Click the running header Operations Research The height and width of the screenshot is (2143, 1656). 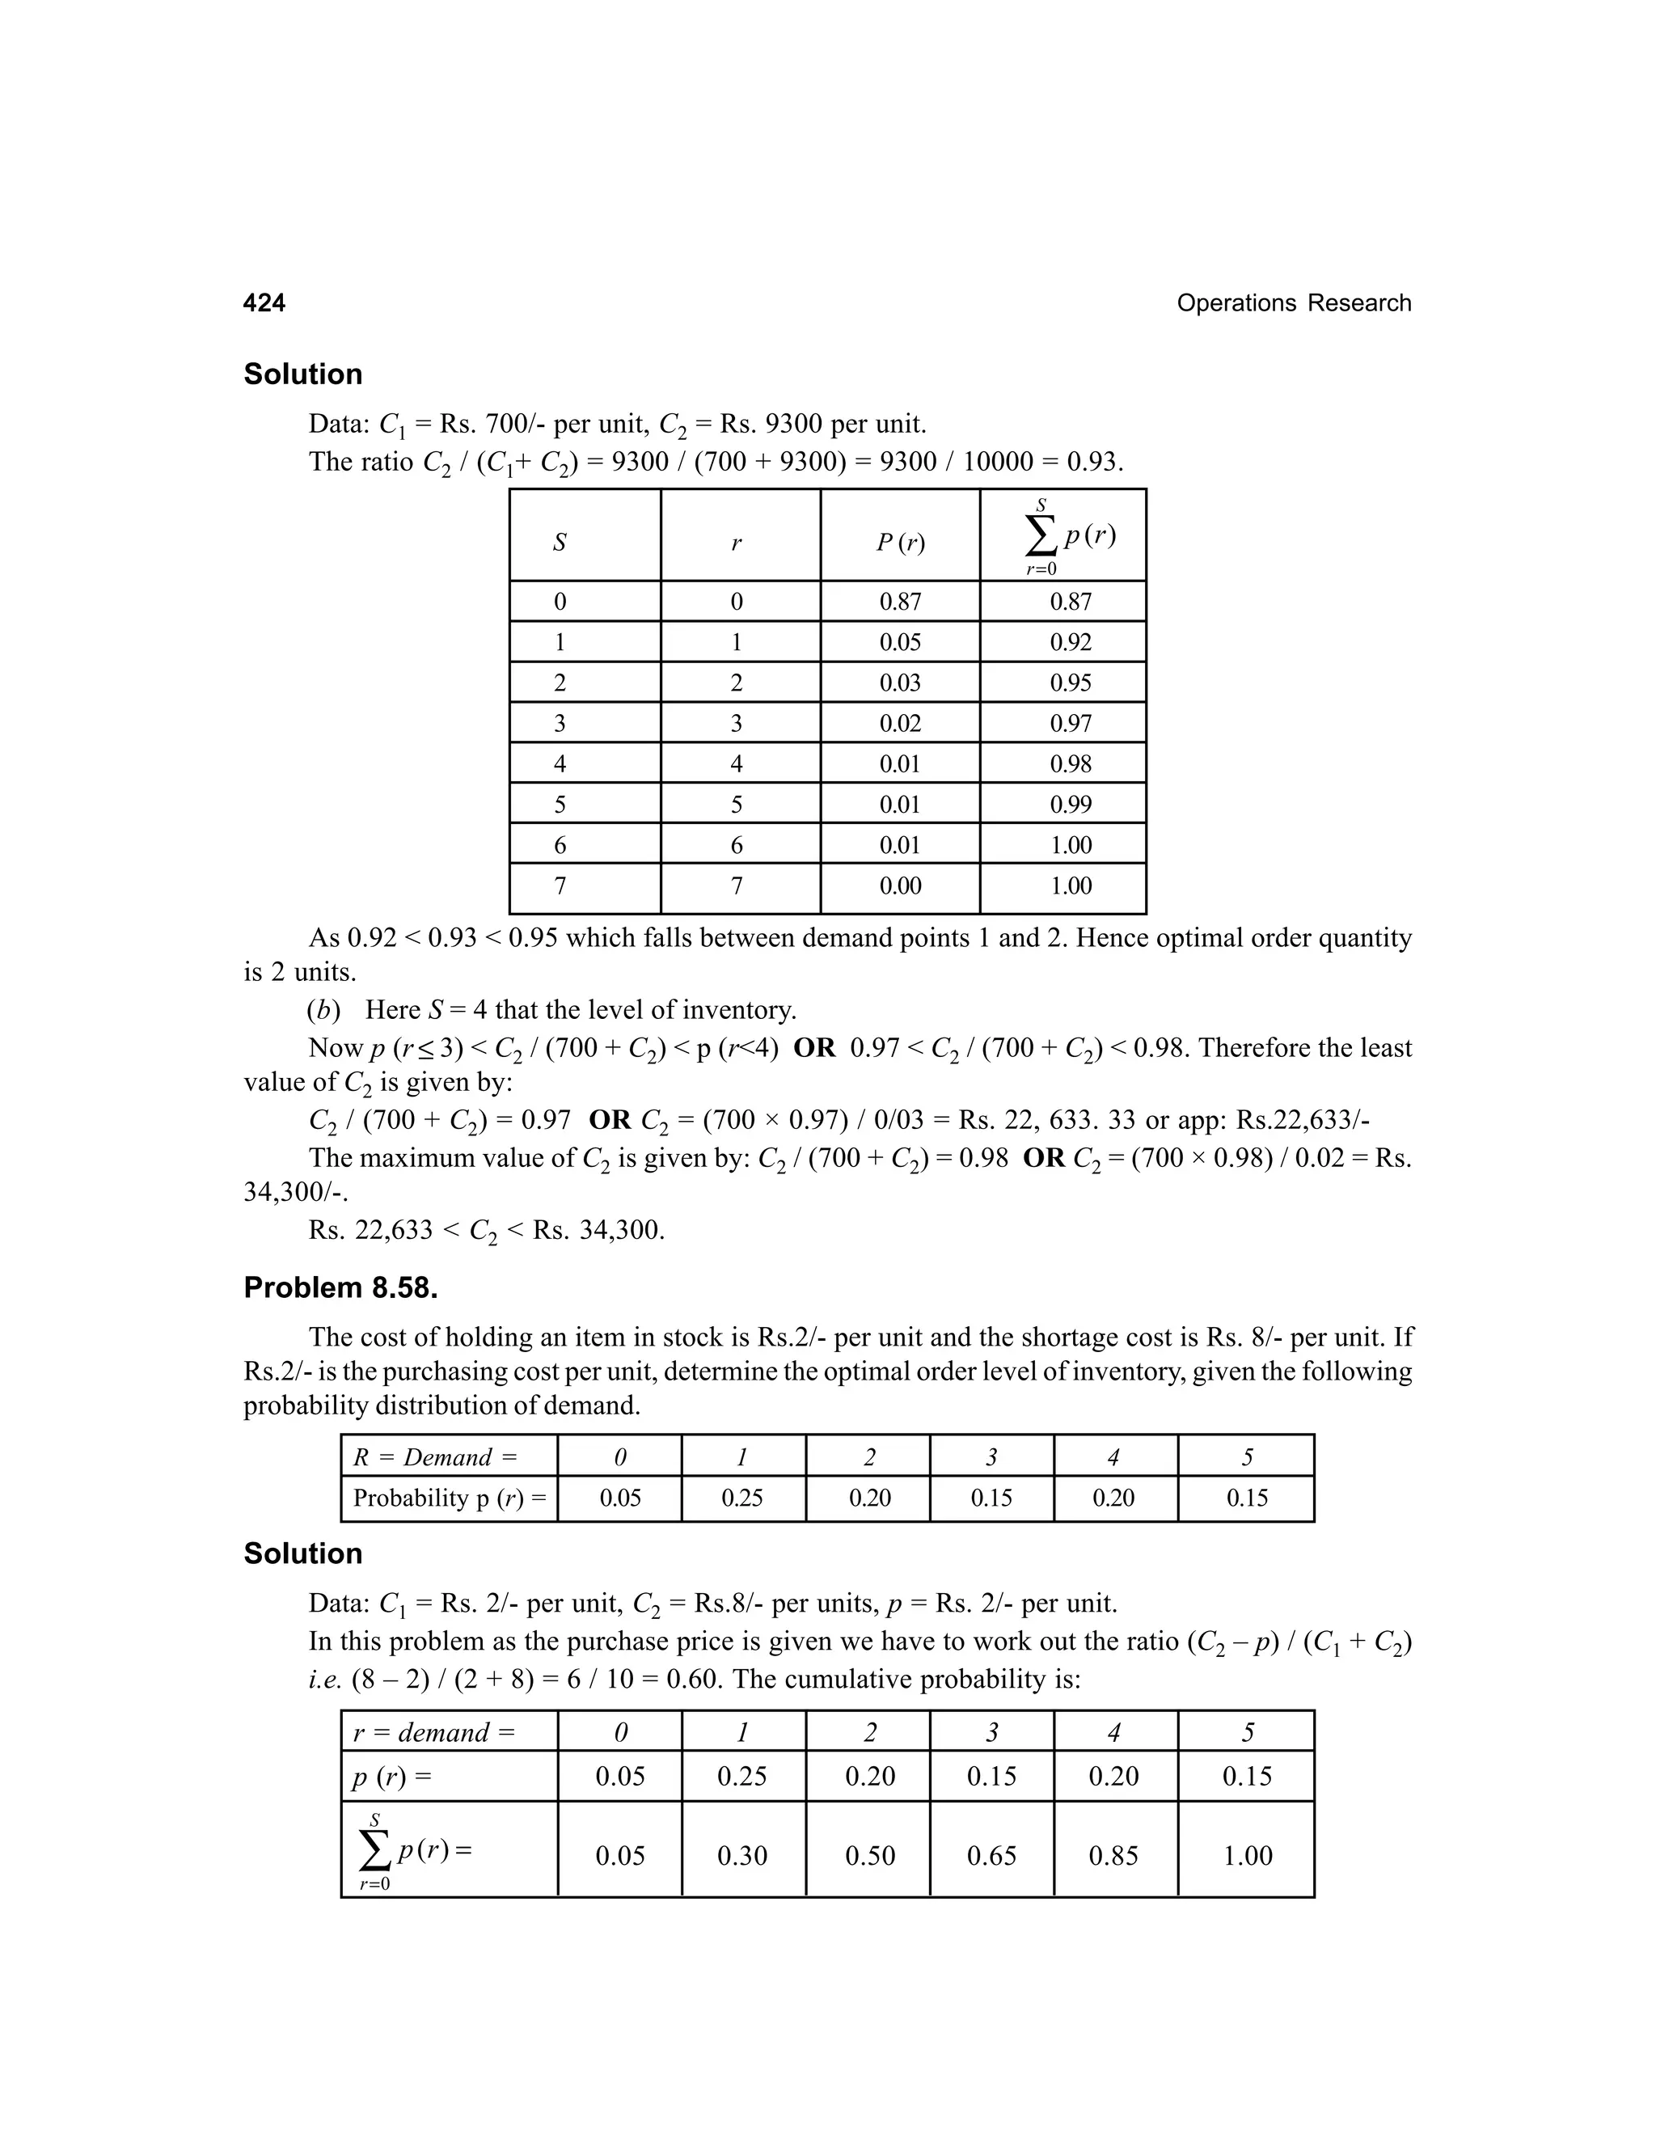click(1293, 303)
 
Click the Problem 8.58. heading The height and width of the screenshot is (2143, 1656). click(340, 1287)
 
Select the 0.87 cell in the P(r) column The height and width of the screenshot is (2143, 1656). click(900, 602)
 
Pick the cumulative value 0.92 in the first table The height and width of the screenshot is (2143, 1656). click(1071, 642)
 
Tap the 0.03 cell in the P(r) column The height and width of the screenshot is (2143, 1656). click(900, 683)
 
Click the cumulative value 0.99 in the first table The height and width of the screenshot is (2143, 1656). click(1071, 805)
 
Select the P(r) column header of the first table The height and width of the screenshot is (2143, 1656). click(900, 542)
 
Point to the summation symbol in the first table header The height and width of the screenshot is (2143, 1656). click(1041, 535)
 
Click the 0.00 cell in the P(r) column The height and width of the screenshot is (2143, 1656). click(900, 886)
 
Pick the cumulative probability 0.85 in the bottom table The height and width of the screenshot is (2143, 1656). click(1113, 1855)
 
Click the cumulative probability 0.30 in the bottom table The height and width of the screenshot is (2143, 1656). click(741, 1855)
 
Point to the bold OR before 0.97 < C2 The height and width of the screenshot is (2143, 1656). click(813, 1048)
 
